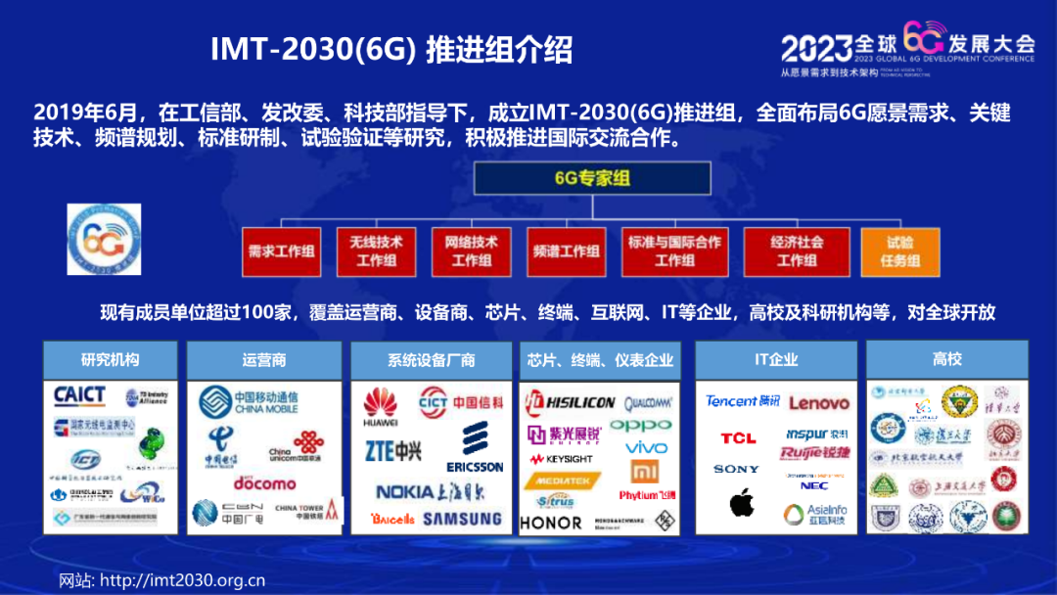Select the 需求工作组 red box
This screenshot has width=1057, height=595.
pyautogui.click(x=281, y=251)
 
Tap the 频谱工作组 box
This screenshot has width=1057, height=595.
pyautogui.click(x=566, y=251)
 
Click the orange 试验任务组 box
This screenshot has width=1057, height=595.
pyautogui.click(x=899, y=251)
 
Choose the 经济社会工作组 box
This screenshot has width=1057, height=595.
pyautogui.click(x=796, y=251)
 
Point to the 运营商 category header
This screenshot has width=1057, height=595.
pyautogui.click(x=263, y=359)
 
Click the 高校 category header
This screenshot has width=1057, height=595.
pyautogui.click(x=946, y=359)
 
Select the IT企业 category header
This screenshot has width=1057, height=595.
pyautogui.click(x=776, y=359)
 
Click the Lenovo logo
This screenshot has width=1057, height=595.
pyautogui.click(x=819, y=402)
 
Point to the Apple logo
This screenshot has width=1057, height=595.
pyautogui.click(x=742, y=503)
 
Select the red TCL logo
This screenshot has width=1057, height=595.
pyautogui.click(x=738, y=437)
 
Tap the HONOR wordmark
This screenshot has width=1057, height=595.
pyautogui.click(x=551, y=523)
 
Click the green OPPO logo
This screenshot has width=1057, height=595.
pyautogui.click(x=641, y=425)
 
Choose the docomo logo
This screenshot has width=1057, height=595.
pyautogui.click(x=264, y=482)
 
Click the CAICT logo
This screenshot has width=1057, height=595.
pyautogui.click(x=80, y=394)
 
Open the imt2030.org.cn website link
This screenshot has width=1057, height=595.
pyautogui.click(x=182, y=579)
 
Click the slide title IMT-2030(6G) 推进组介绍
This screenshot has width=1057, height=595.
pyautogui.click(x=391, y=49)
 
